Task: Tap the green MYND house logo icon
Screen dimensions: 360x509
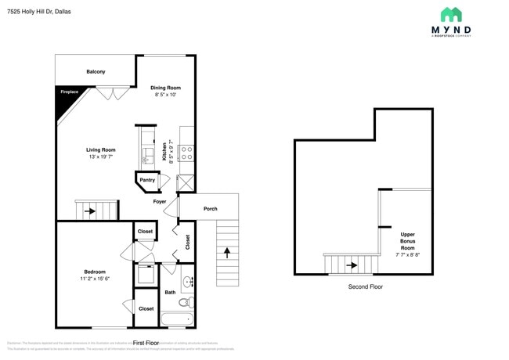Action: click(x=450, y=14)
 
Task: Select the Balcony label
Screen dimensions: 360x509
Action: click(x=96, y=72)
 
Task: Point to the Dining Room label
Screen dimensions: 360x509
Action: click(x=166, y=88)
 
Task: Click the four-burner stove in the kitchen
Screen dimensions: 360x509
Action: click(x=187, y=153)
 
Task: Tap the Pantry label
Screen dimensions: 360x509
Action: click(x=146, y=180)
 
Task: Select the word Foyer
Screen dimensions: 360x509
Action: click(x=160, y=202)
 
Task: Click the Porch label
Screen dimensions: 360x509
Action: click(x=210, y=208)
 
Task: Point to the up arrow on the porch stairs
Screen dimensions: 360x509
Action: click(x=228, y=253)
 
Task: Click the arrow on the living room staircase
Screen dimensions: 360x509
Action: click(x=91, y=211)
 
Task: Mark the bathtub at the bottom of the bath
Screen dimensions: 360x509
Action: click(x=177, y=319)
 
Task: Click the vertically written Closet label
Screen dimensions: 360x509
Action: click(x=188, y=243)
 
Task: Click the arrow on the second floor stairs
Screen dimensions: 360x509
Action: click(x=352, y=265)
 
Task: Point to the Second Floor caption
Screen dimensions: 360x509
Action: click(x=366, y=286)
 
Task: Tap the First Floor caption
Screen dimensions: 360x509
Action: click(x=146, y=343)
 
